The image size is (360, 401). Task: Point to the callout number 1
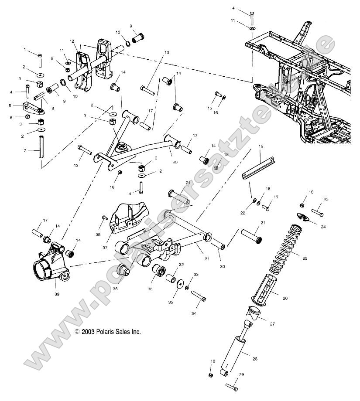point(25,50)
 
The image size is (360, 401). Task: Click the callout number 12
point(72,41)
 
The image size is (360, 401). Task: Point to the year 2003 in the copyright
point(88,332)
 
